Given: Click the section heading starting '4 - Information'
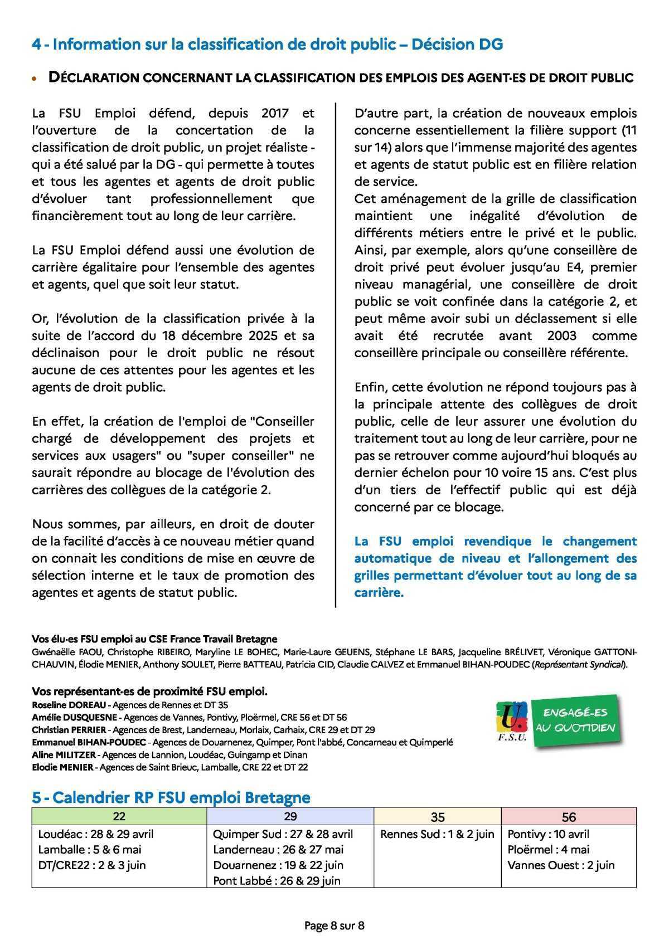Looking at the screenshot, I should (x=268, y=44).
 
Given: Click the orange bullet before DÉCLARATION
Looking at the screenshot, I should (x=35, y=79).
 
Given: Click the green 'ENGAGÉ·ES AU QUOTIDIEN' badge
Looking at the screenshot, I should (x=575, y=720).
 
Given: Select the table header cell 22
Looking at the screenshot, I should (x=119, y=816).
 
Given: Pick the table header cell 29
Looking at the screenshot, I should (x=290, y=816).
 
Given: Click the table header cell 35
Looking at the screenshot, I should (x=438, y=817).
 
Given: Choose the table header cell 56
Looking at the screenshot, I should (x=569, y=817).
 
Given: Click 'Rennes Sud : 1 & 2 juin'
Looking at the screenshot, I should (x=438, y=834).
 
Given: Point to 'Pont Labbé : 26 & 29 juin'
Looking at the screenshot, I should (x=277, y=881).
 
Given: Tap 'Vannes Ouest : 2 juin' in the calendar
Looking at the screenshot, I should (x=561, y=865).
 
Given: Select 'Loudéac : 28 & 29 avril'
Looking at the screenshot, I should (x=96, y=834).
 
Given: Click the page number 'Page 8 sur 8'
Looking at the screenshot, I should (x=334, y=925).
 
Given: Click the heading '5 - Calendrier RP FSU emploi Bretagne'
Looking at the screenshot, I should (x=171, y=797).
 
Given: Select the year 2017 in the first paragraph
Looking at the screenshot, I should (x=275, y=113).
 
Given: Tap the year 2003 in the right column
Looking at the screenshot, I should (x=562, y=336).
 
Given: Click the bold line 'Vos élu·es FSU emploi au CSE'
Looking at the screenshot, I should (x=154, y=639).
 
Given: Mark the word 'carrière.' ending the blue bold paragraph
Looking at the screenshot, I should (x=379, y=593).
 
